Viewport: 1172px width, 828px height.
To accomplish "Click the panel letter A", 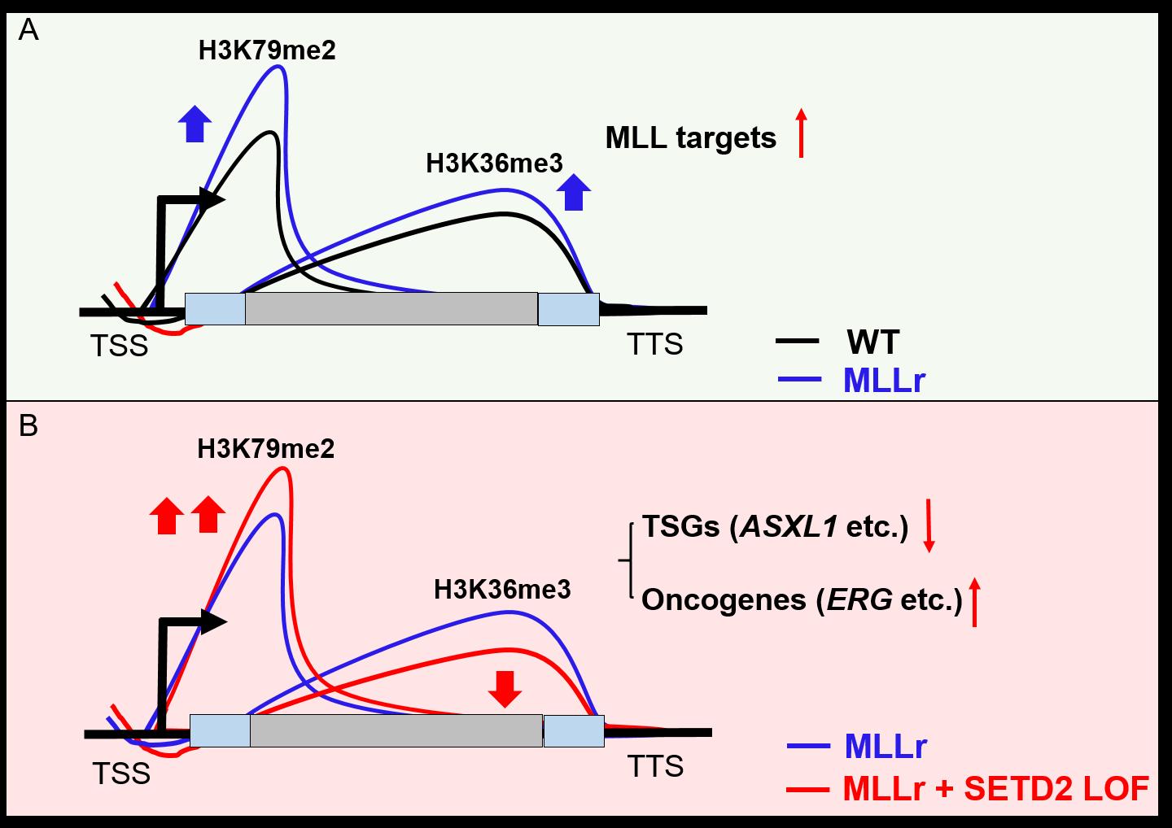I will click(28, 31).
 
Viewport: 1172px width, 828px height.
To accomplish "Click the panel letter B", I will click(28, 425).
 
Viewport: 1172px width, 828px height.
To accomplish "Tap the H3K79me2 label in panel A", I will click(267, 51).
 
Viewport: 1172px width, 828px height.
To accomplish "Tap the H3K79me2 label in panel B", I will click(266, 449).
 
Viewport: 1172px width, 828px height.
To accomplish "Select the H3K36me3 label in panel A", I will click(494, 163).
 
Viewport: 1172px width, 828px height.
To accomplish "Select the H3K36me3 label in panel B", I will click(502, 589).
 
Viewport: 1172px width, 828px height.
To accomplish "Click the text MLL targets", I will click(691, 138).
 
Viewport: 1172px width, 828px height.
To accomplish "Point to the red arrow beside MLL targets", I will click(801, 132).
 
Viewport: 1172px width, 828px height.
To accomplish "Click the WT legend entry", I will click(872, 342).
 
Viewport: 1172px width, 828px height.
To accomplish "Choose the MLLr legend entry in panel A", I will click(884, 381).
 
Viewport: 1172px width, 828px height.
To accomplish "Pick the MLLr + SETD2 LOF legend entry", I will click(996, 788).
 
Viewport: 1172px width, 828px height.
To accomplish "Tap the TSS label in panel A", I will click(120, 346).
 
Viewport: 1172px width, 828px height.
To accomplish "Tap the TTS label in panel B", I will click(655, 766).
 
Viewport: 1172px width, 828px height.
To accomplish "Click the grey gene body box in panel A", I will click(391, 309).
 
